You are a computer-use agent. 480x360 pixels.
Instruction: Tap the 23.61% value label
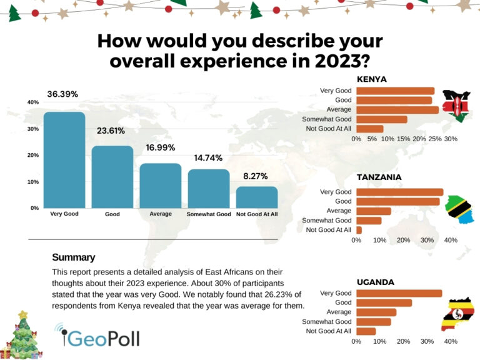coord(111,131)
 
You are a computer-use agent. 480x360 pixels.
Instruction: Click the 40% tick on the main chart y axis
coord(33,102)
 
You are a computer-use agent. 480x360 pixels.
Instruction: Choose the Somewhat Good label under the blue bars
coord(209,214)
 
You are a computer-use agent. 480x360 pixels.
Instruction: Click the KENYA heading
coord(371,79)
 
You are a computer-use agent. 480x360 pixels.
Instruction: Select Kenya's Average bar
coord(397,110)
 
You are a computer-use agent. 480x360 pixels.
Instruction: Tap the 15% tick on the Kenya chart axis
coord(404,139)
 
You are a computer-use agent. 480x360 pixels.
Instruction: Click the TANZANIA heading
coord(379,177)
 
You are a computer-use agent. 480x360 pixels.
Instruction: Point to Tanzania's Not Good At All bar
coord(359,230)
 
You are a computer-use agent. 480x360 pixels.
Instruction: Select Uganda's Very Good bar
coord(399,293)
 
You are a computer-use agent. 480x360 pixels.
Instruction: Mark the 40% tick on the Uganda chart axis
coord(451,342)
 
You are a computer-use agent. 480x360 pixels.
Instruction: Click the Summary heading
coord(73,257)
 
